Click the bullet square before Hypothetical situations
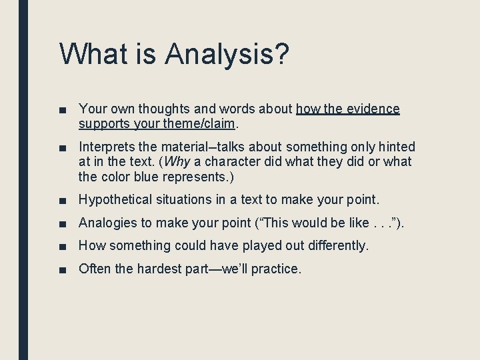(63, 200)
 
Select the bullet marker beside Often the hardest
(63, 269)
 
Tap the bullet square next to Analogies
(63, 223)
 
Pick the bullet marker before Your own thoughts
(63, 109)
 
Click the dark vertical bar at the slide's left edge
(23, 180)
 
